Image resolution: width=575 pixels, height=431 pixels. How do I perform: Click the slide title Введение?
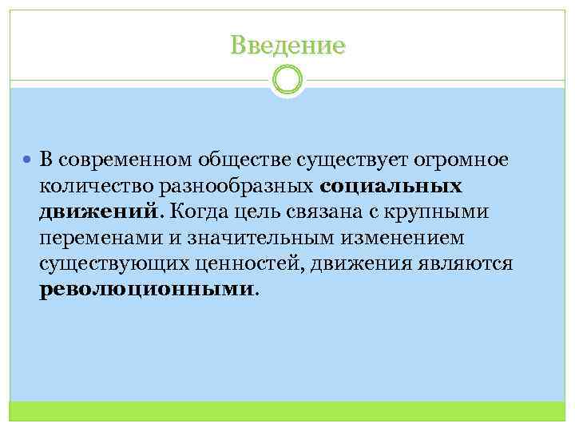coord(287,45)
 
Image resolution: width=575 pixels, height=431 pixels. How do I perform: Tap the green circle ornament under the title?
coord(287,80)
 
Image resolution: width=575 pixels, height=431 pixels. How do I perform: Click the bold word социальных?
coord(392,187)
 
